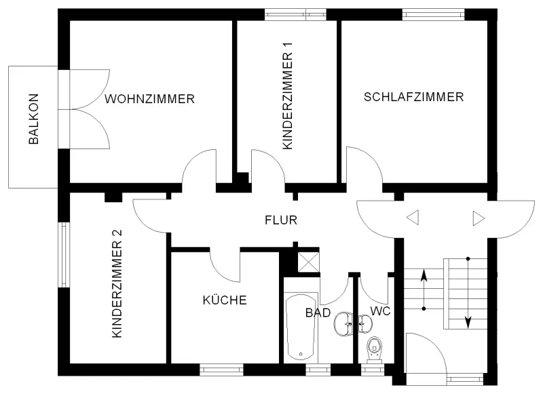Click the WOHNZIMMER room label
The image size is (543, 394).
(149, 99)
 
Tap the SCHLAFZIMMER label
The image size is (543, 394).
(413, 97)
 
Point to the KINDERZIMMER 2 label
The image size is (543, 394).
(117, 283)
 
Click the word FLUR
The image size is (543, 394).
(281, 220)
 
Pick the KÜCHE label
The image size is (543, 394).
(224, 300)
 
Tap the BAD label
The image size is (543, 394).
(318, 313)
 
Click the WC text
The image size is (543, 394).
(380, 311)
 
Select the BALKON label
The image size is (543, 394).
(33, 120)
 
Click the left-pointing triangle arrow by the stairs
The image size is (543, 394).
(413, 218)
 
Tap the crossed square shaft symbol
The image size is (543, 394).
(310, 262)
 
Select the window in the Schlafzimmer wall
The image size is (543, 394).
(433, 14)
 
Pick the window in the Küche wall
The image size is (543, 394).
(221, 370)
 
